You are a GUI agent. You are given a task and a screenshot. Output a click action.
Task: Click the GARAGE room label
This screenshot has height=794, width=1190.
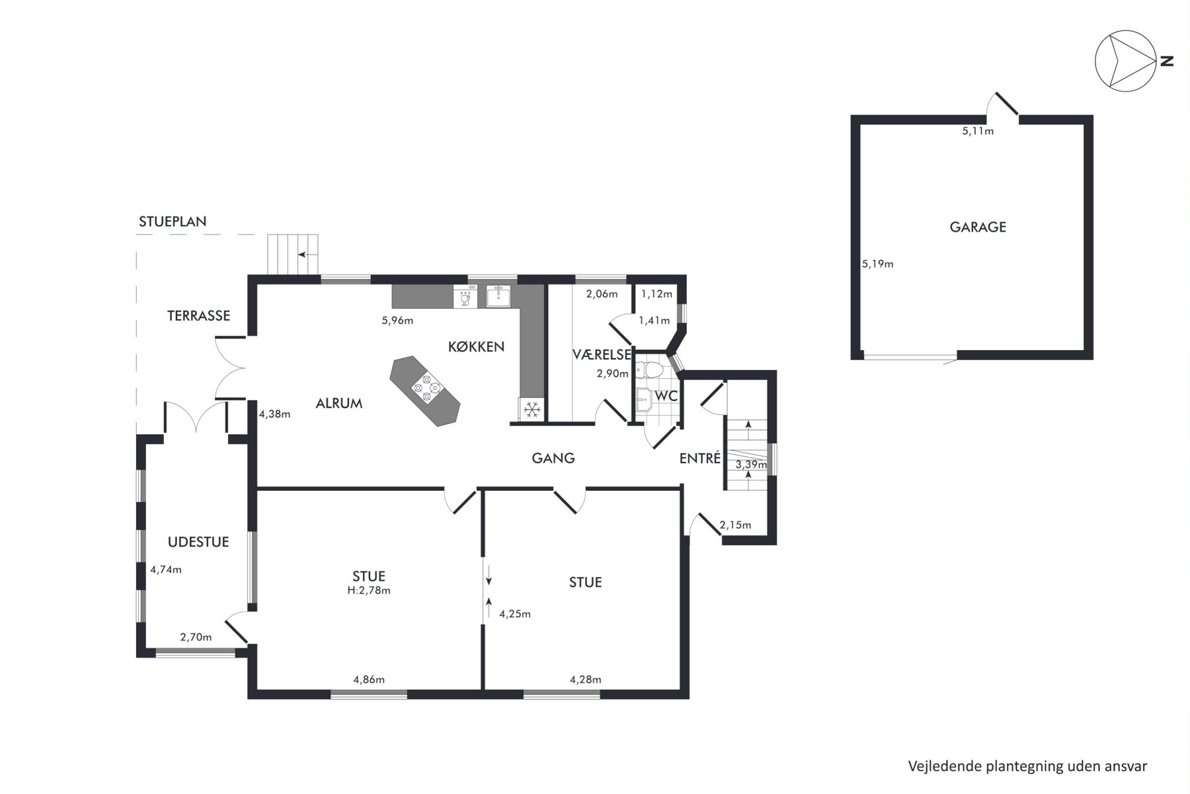coord(978,227)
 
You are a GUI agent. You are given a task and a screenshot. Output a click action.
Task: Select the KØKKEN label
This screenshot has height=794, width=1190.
coord(476,346)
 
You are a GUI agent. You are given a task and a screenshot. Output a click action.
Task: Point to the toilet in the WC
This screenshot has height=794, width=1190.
coord(649,369)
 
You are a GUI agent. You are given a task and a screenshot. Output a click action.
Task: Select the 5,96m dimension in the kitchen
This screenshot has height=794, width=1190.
coord(397,321)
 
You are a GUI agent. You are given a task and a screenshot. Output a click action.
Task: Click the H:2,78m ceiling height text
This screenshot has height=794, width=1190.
coord(369,590)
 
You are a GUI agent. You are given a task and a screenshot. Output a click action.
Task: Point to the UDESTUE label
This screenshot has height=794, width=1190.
coord(198,542)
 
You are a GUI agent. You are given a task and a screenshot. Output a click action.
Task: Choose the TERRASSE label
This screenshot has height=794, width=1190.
coord(198,316)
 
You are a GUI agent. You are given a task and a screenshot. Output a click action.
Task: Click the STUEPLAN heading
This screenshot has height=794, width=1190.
coord(173,222)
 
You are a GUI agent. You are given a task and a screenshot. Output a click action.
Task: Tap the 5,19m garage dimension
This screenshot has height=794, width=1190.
coord(877,264)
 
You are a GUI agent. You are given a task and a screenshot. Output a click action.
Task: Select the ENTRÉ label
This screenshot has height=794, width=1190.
coord(700,458)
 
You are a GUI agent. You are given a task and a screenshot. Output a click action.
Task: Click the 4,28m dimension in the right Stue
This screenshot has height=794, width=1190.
coord(586,679)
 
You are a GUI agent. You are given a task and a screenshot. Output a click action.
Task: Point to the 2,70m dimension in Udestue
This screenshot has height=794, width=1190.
coord(196,637)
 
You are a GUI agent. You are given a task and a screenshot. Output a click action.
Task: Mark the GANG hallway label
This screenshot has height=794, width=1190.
coord(553,457)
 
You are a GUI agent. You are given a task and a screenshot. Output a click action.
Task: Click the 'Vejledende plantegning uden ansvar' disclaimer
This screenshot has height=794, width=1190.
coord(1027,766)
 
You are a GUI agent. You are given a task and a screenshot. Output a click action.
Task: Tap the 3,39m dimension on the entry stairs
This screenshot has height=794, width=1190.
coord(751,464)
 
